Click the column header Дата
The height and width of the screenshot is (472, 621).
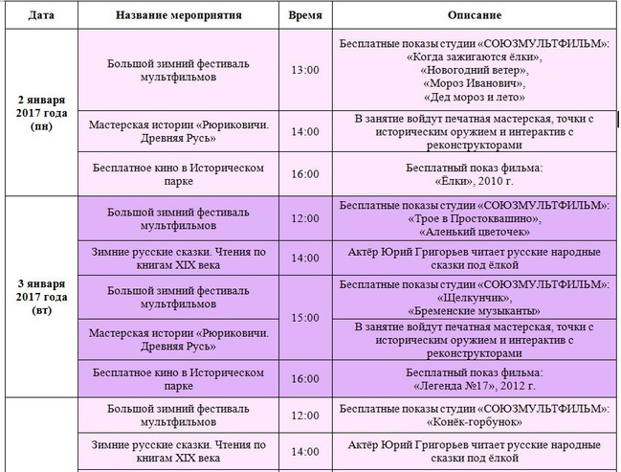41,17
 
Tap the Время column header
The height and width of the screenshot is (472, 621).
304,17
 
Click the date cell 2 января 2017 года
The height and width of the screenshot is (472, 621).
41,112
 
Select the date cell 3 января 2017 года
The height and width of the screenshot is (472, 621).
41,297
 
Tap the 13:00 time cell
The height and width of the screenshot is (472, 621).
304,70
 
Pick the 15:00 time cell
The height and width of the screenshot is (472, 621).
304,317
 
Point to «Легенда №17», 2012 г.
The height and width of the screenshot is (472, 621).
475,385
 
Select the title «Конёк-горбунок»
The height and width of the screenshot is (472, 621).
475,422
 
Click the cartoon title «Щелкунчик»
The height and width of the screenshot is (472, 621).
475,297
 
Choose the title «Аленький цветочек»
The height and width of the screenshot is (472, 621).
475,232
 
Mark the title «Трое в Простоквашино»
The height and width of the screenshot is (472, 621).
475,219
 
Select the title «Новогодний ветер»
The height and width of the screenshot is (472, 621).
475,69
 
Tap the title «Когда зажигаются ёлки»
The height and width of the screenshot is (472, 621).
475,56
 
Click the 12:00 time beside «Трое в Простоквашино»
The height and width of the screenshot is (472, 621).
304,219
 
